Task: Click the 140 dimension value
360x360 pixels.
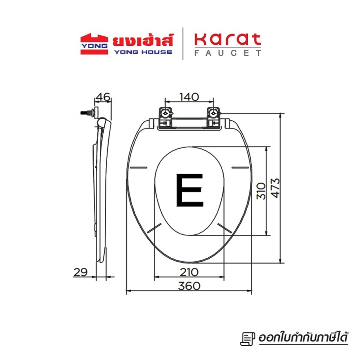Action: tap(189, 97)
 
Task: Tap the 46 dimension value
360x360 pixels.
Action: tap(103, 97)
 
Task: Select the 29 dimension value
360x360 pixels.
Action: tap(80, 272)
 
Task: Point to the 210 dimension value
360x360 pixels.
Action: tap(189, 272)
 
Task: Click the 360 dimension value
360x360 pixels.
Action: tap(189, 286)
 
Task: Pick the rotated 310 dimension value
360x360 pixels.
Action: tap(261, 191)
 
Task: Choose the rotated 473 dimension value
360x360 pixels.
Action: tap(275, 188)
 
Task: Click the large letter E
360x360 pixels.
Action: tap(190, 190)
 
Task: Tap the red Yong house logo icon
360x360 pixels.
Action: tap(94, 44)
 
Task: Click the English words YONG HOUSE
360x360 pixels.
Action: tap(143, 52)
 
